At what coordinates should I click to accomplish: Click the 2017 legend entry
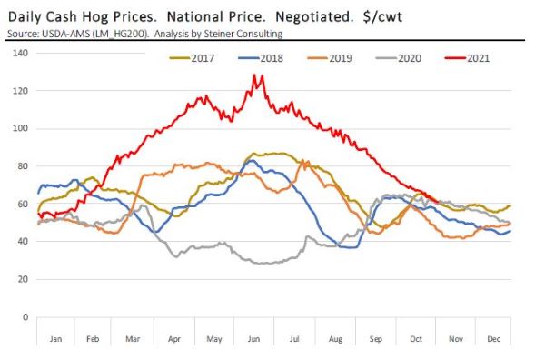click(192, 58)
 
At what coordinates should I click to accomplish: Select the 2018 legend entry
click(261, 58)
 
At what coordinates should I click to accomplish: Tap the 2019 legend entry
click(330, 58)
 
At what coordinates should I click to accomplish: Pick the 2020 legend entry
click(399, 58)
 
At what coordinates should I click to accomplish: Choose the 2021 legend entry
click(467, 58)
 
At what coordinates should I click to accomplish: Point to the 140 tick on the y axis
click(20, 53)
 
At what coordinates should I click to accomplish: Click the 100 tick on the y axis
click(20, 128)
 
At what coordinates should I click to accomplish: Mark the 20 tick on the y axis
click(23, 279)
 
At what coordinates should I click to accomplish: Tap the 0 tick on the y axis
click(25, 317)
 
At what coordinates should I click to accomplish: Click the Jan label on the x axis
click(55, 339)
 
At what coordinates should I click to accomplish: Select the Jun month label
click(253, 339)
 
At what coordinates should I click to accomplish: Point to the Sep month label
click(376, 339)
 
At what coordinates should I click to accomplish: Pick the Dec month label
click(493, 339)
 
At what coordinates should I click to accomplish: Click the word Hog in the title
click(94, 17)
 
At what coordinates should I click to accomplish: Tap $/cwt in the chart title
click(382, 17)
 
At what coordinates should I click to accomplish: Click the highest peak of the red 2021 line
click(254, 75)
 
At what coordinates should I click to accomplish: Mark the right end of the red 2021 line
click(439, 203)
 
